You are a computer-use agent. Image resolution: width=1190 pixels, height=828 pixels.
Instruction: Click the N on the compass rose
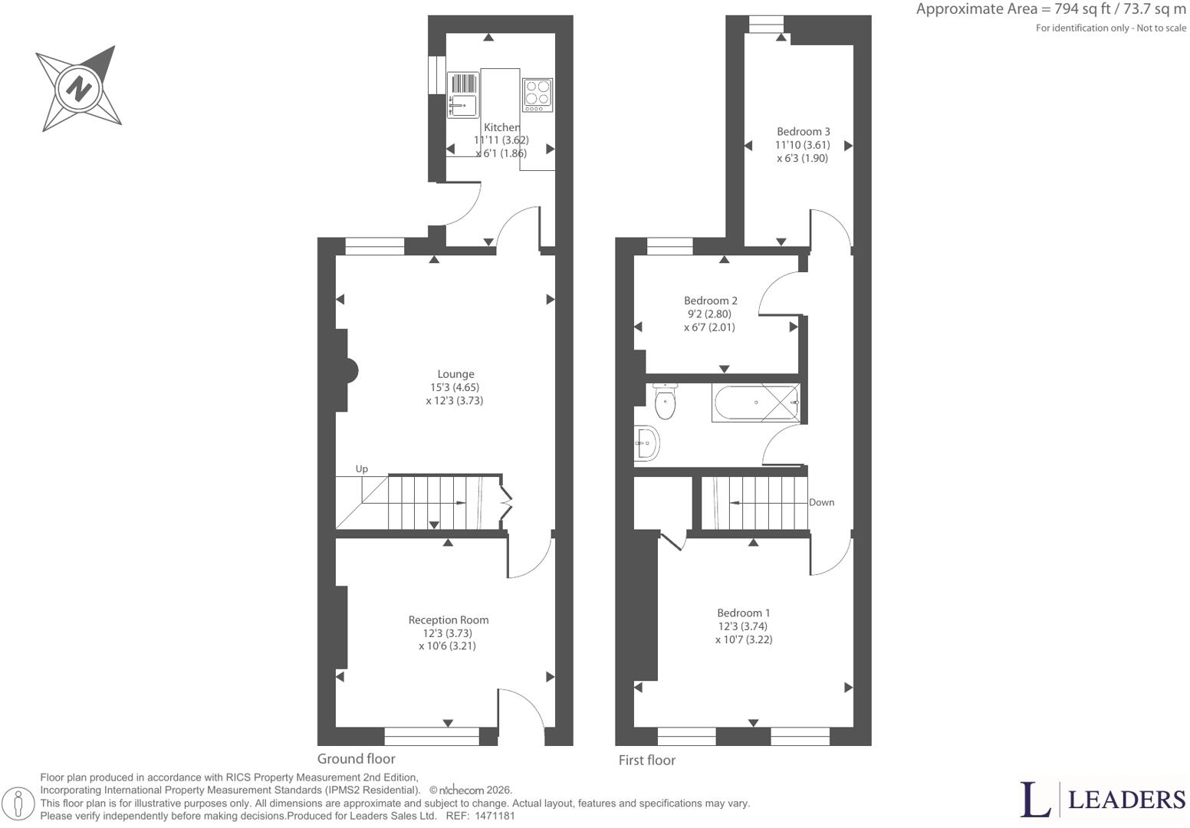click(80, 89)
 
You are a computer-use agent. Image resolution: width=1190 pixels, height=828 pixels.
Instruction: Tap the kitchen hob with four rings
click(537, 95)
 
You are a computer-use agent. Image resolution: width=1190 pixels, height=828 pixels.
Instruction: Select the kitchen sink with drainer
click(463, 95)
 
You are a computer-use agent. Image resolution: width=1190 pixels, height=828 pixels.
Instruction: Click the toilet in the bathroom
click(665, 401)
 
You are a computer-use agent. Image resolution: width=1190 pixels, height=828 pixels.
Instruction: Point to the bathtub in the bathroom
click(756, 402)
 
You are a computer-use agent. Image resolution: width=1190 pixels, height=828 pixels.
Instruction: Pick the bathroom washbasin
click(647, 442)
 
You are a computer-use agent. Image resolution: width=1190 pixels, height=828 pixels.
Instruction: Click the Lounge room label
click(455, 374)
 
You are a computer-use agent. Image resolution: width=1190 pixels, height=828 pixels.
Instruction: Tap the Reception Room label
click(449, 619)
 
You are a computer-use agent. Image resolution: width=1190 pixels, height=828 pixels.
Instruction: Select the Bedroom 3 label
click(804, 131)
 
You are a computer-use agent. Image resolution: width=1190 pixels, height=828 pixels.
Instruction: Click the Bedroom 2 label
click(710, 301)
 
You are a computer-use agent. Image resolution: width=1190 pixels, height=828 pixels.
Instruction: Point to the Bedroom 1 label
click(743, 613)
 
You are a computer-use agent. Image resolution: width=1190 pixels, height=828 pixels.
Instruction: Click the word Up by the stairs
click(361, 469)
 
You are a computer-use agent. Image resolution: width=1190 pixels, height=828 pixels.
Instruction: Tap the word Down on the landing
click(821, 502)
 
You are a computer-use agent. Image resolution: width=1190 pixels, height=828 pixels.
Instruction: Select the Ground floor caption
click(356, 758)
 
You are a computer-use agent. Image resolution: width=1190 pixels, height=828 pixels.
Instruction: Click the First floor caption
click(646, 760)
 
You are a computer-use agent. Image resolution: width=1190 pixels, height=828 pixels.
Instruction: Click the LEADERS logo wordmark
click(1126, 800)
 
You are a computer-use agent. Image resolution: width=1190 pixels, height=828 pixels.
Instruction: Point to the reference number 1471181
click(495, 816)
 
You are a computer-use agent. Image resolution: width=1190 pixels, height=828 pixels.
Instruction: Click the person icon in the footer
click(18, 802)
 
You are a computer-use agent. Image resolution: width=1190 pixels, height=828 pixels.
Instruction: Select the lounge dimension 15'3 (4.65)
click(455, 387)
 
